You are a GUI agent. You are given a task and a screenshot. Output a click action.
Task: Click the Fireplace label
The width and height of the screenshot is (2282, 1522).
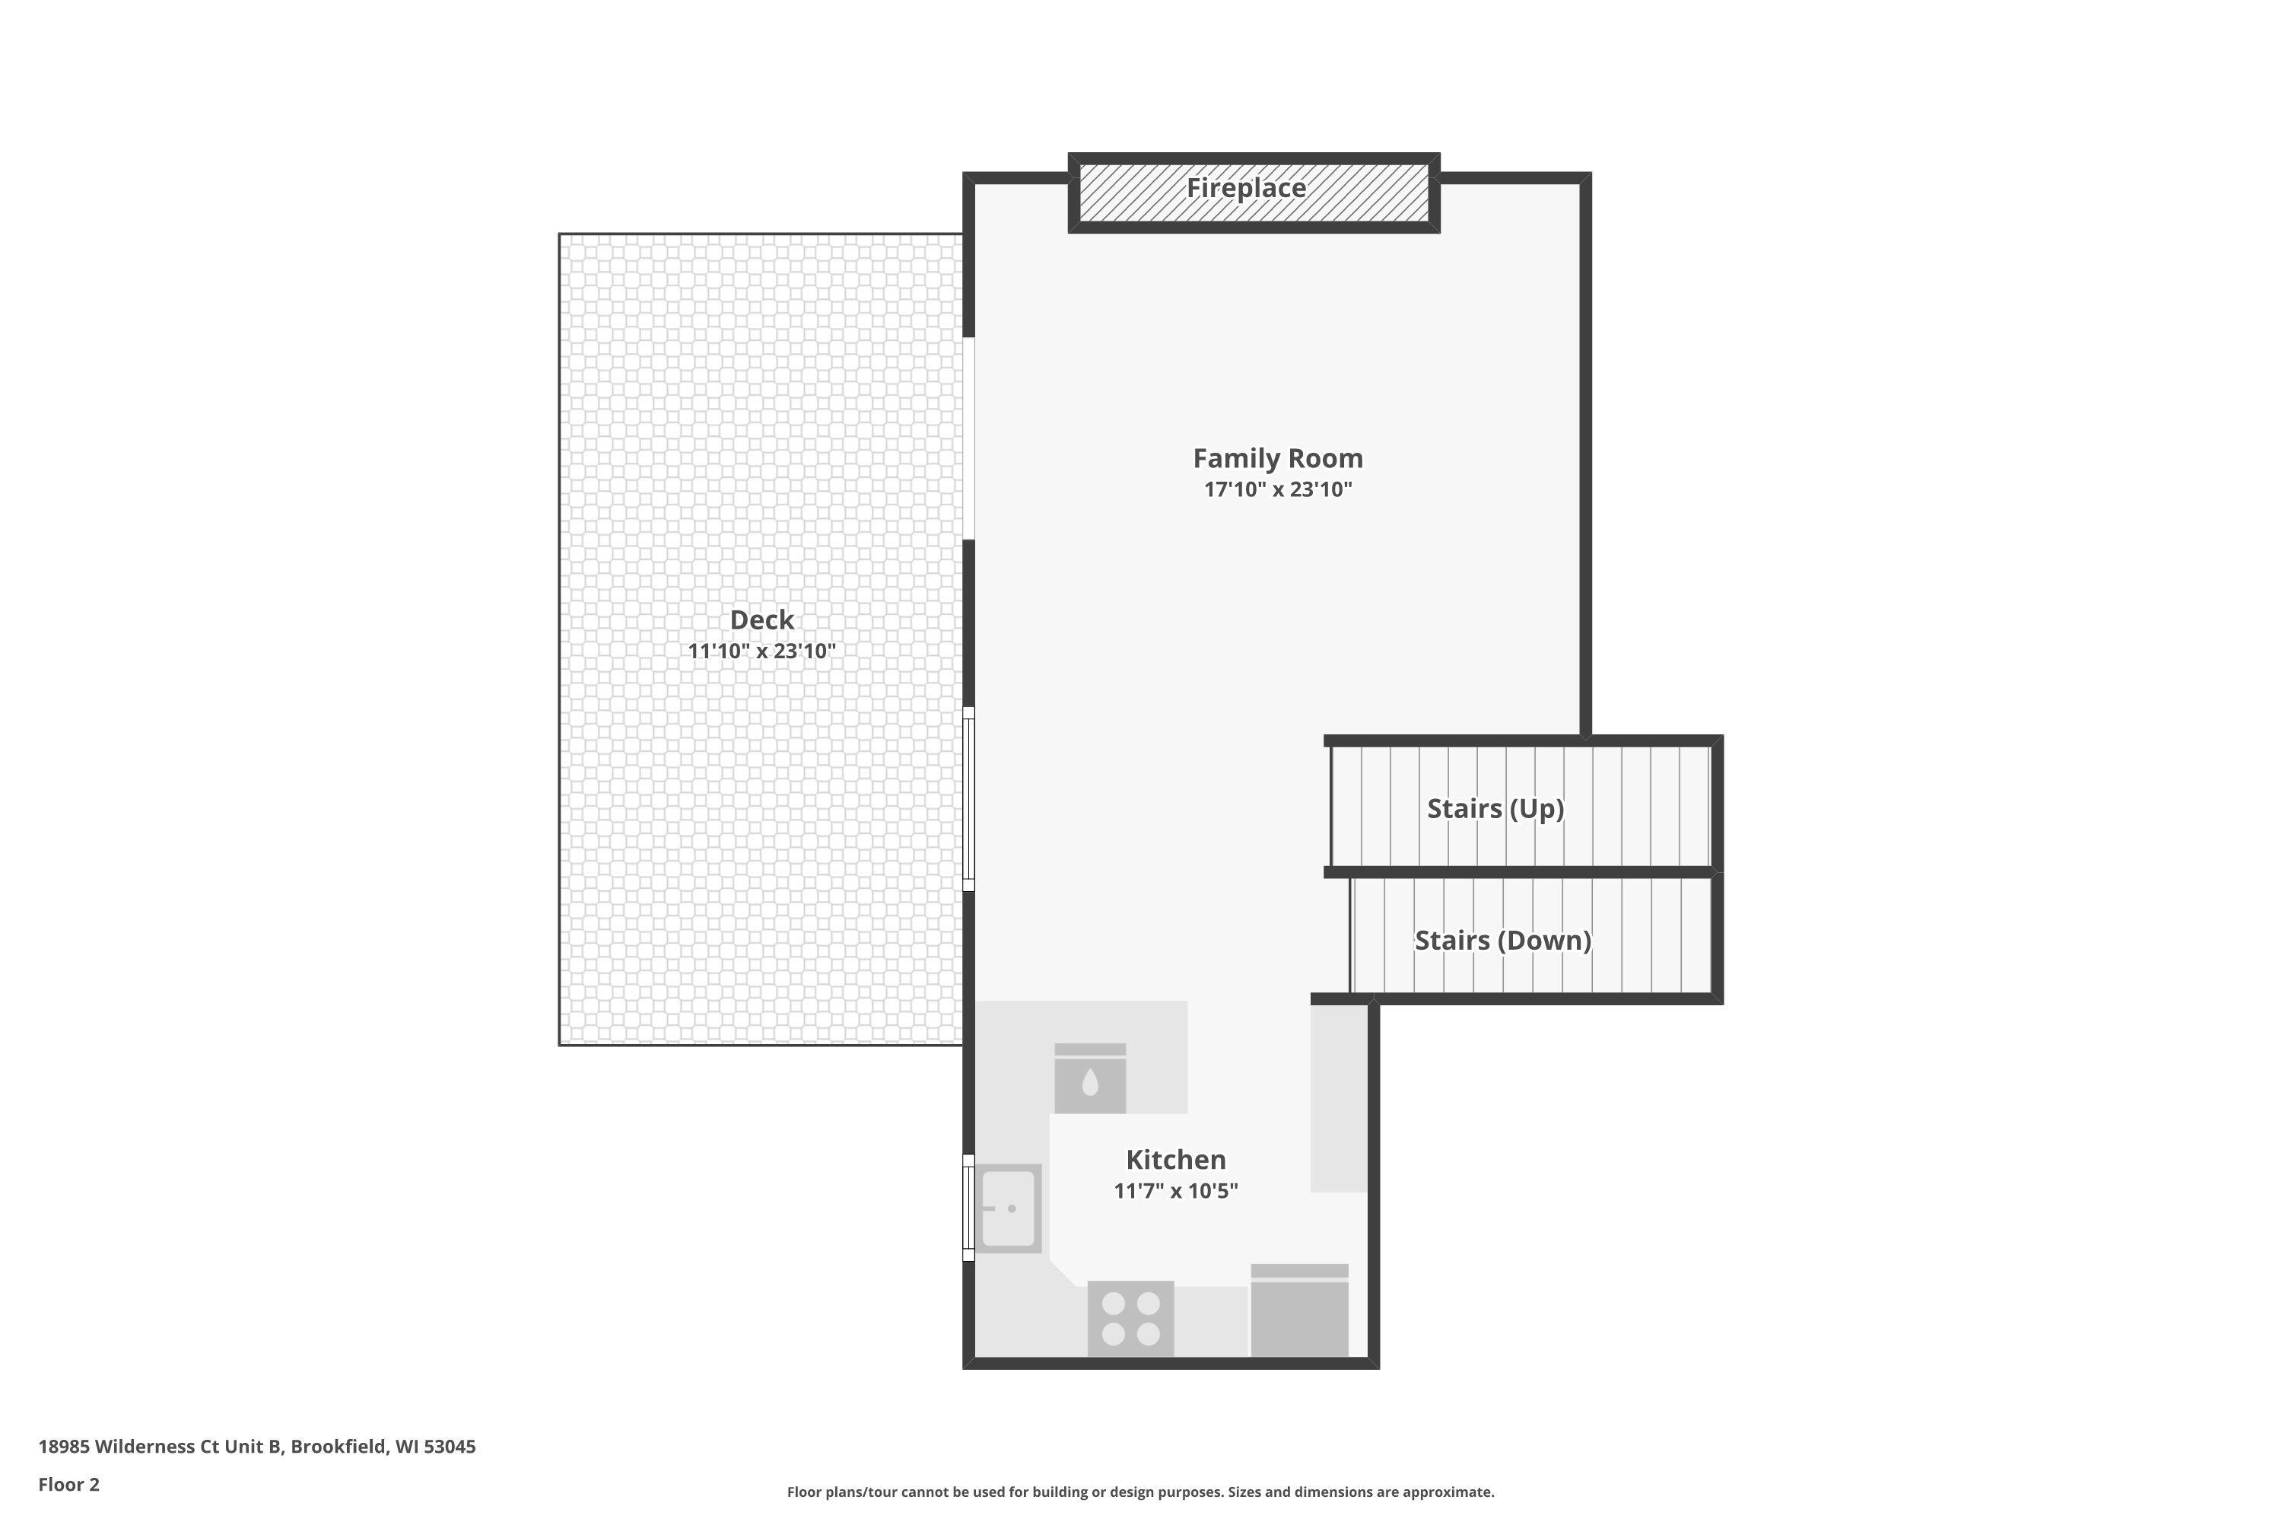point(1246,188)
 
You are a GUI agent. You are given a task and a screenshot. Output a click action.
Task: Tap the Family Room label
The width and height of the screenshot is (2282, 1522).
point(1277,458)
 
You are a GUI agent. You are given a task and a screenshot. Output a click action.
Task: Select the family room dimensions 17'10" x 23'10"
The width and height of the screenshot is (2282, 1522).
point(1277,489)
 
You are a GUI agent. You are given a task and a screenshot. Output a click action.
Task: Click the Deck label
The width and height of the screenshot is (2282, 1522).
point(761,619)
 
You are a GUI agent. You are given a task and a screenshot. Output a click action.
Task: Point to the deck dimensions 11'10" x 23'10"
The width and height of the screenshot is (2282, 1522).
point(761,651)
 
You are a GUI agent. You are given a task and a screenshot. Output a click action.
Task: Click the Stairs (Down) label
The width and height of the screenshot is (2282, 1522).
point(1502,940)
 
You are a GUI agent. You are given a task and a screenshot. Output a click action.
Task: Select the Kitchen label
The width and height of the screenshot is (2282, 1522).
point(1175,1159)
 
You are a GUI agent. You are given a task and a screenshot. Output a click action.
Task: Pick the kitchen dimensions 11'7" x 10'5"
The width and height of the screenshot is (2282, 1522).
point(1175,1191)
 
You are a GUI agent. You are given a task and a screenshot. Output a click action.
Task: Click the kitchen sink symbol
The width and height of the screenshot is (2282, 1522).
point(1007,1208)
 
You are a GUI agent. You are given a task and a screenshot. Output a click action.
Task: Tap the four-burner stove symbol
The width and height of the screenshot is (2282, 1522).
point(1130,1318)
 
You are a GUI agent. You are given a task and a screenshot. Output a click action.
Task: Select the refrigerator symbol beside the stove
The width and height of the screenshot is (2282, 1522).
point(1299,1311)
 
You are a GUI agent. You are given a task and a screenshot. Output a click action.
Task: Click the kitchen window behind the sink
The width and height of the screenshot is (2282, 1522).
point(968,1208)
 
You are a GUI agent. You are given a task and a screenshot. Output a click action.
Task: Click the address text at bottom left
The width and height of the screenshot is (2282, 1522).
point(257,1447)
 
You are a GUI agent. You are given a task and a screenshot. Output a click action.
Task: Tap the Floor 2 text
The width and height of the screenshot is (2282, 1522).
point(69,1484)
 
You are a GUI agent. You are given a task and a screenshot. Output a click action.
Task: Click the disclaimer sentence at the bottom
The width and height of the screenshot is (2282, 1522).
point(1140,1492)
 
